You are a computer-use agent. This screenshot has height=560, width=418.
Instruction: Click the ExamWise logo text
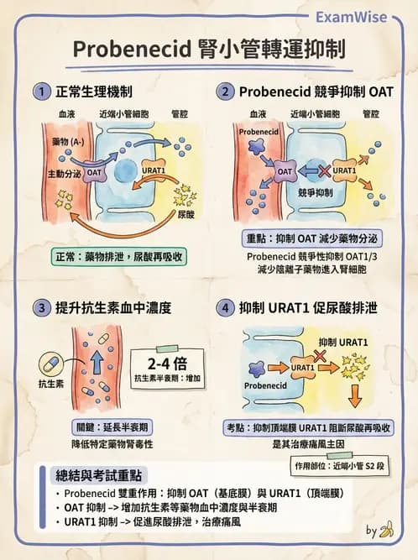[x=363, y=16]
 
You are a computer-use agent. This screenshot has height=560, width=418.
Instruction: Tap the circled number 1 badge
[x=39, y=91]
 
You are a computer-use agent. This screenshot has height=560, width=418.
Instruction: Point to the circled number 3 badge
[x=39, y=307]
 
